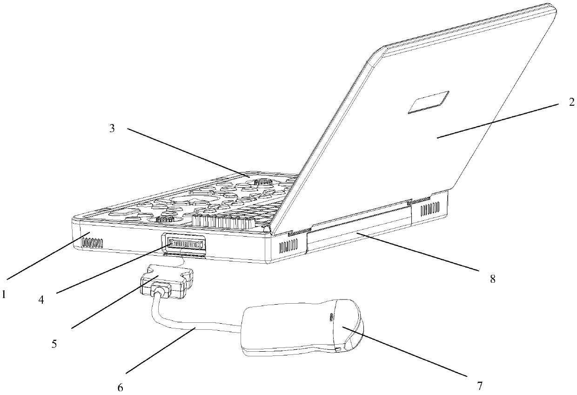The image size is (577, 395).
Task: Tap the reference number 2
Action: pyautogui.click(x=571, y=102)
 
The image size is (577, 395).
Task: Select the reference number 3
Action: pyautogui.click(x=112, y=129)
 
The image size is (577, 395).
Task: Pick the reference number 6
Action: pyautogui.click(x=121, y=388)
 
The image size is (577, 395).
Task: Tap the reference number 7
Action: pyautogui.click(x=480, y=386)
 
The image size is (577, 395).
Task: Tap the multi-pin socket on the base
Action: pyautogui.click(x=185, y=243)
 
